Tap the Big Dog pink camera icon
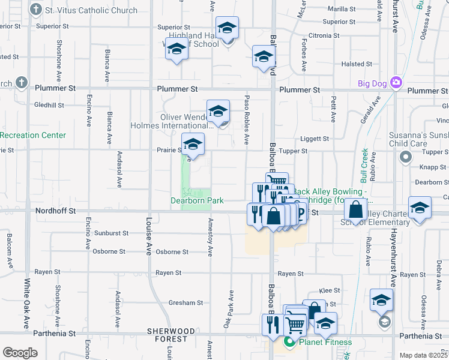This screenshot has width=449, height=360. point(396,82)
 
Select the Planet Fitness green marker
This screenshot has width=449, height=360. point(289,343)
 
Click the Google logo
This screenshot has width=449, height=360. point(20,353)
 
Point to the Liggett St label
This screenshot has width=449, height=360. point(315,139)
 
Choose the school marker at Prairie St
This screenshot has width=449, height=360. point(193,145)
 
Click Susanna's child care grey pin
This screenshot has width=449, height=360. point(405,157)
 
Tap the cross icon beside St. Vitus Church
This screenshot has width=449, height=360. point(36,10)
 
